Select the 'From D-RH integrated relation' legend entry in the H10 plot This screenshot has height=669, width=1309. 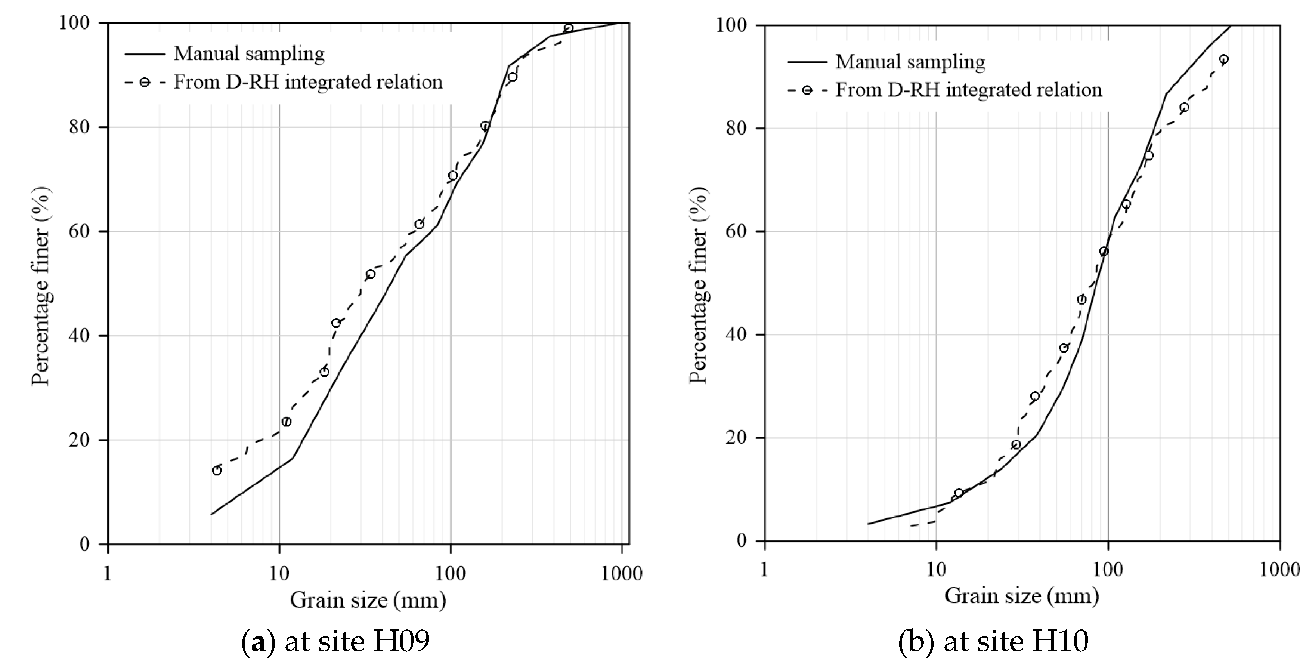click(968, 90)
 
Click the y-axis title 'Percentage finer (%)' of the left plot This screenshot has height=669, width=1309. click(41, 287)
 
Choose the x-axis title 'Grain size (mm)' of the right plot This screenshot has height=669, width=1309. click(1021, 595)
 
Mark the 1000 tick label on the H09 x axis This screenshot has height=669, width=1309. click(622, 573)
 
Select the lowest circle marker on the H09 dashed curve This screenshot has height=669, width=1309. click(217, 470)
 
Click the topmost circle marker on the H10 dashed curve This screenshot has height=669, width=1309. click(1223, 59)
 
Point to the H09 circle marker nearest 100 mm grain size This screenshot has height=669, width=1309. click(452, 175)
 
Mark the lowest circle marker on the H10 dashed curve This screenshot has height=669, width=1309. click(959, 493)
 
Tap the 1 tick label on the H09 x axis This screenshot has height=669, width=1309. click(107, 573)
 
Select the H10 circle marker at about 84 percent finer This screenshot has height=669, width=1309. click(1184, 108)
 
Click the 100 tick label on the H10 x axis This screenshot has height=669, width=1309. click(1108, 569)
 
